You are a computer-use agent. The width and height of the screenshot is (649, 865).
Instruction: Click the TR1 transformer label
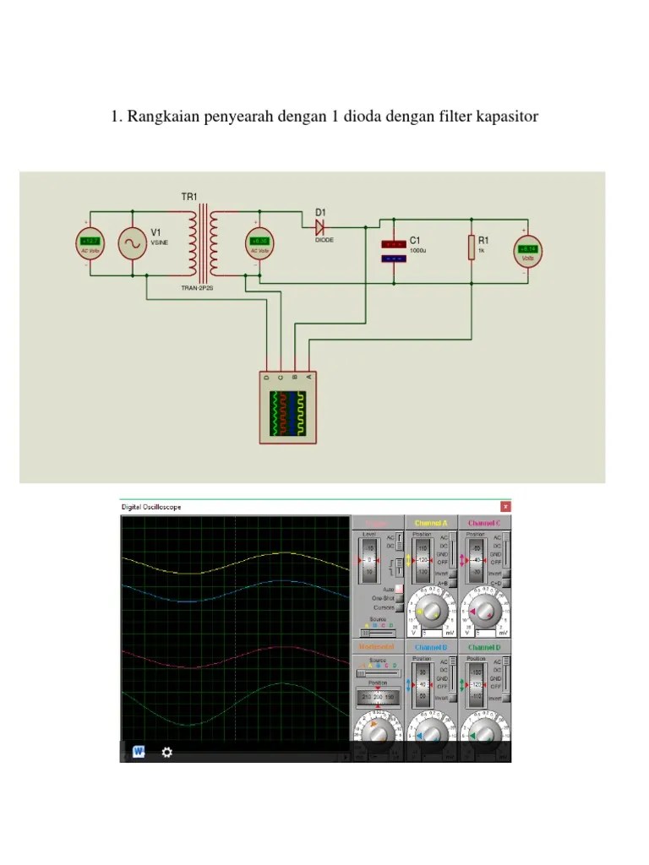(188, 197)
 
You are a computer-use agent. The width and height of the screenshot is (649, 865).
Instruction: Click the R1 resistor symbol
(471, 247)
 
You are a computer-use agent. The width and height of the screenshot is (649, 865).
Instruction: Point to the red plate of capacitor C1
(393, 244)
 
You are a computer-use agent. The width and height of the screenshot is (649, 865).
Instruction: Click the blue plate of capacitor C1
(393, 258)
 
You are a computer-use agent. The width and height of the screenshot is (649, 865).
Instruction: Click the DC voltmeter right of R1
(528, 250)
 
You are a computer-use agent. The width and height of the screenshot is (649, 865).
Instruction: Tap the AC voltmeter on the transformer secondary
(259, 244)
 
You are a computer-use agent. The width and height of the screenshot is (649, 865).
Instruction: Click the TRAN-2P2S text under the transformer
(198, 288)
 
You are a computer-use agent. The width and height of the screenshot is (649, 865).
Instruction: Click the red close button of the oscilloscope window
(505, 506)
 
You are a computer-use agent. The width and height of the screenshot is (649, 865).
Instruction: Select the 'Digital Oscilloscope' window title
(151, 507)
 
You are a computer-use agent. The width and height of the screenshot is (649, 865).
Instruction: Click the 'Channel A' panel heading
(431, 523)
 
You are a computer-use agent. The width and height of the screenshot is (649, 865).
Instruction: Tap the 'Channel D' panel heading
(485, 647)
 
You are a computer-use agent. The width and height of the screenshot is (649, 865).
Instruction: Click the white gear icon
(166, 752)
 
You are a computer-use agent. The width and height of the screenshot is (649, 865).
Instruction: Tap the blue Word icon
(139, 752)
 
